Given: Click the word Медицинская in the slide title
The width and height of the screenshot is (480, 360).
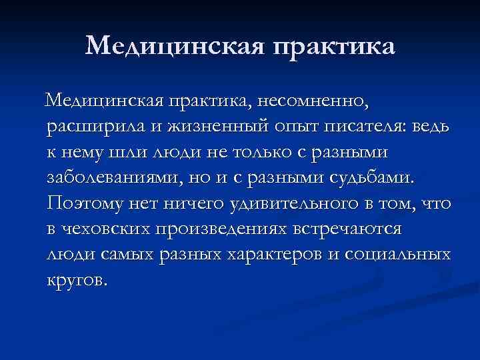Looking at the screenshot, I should [171, 46].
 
